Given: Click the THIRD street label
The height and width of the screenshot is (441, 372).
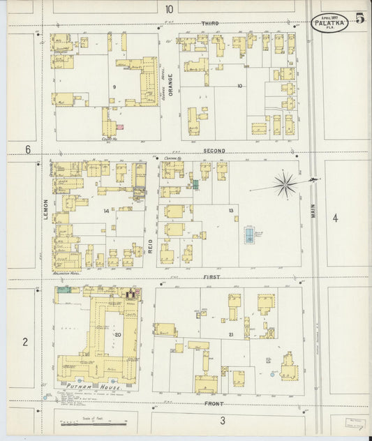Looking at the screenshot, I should pyautogui.click(x=210, y=24).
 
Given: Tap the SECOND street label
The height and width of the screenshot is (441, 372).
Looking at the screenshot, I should pyautogui.click(x=214, y=151).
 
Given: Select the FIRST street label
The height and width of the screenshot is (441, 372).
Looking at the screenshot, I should pyautogui.click(x=211, y=277).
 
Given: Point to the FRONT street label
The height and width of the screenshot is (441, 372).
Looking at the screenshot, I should pyautogui.click(x=214, y=403).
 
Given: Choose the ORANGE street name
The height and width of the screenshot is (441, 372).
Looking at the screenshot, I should pyautogui.click(x=170, y=84).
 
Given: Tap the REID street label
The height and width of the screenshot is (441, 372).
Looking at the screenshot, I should pyautogui.click(x=150, y=244).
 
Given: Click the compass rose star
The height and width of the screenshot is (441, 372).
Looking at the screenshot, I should pyautogui.click(x=285, y=185).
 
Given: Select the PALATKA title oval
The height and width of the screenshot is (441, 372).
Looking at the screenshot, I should pyautogui.click(x=330, y=23).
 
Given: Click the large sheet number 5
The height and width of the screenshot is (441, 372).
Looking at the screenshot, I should pyautogui.click(x=359, y=18).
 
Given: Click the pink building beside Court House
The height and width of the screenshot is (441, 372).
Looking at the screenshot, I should pyautogui.click(x=120, y=127).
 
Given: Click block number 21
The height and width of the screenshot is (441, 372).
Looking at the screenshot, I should pyautogui.click(x=230, y=336).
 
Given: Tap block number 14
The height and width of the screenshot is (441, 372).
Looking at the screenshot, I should pyautogui.click(x=106, y=211).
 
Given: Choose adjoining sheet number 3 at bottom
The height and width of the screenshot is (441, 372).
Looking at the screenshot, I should pyautogui.click(x=222, y=420).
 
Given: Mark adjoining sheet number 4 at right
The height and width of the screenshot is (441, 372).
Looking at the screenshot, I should pyautogui.click(x=335, y=218).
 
